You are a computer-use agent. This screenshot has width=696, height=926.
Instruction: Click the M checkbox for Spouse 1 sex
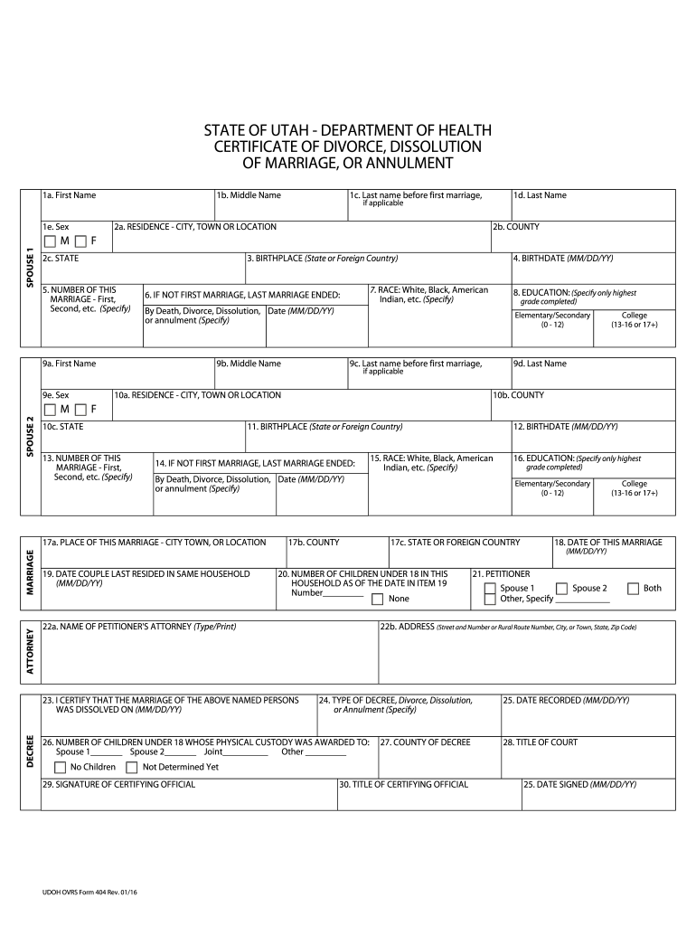pos(49,241)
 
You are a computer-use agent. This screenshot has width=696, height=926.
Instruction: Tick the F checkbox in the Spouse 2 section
pos(80,410)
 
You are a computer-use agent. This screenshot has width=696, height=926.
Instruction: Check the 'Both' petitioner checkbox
pos(633,588)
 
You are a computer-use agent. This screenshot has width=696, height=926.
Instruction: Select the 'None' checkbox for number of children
pos(377,599)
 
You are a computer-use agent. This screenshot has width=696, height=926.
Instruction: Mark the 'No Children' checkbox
pos(61,767)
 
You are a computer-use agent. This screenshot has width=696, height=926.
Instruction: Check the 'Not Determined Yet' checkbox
pos(132,767)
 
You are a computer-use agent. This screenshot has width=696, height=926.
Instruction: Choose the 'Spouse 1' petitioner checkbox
pos(490,588)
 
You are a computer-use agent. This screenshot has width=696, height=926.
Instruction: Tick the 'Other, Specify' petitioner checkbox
pos(490,599)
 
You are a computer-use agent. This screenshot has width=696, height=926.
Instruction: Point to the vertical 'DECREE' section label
pos(30,752)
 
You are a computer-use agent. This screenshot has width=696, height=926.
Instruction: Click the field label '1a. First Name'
pos(70,195)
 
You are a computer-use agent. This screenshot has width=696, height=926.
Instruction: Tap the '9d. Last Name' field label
pos(540,364)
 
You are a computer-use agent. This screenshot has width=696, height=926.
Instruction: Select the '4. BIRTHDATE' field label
pos(563,259)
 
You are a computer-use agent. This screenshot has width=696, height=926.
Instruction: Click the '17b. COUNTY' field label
pos(314,543)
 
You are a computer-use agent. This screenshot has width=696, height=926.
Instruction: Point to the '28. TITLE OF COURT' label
pos(541,742)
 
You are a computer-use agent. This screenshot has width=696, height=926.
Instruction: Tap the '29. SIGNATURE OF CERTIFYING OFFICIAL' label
pos(118,784)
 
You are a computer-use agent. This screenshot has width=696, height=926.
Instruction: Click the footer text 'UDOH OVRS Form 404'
pos(79,893)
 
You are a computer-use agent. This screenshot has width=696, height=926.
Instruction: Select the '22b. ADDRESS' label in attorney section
pos(407,627)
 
